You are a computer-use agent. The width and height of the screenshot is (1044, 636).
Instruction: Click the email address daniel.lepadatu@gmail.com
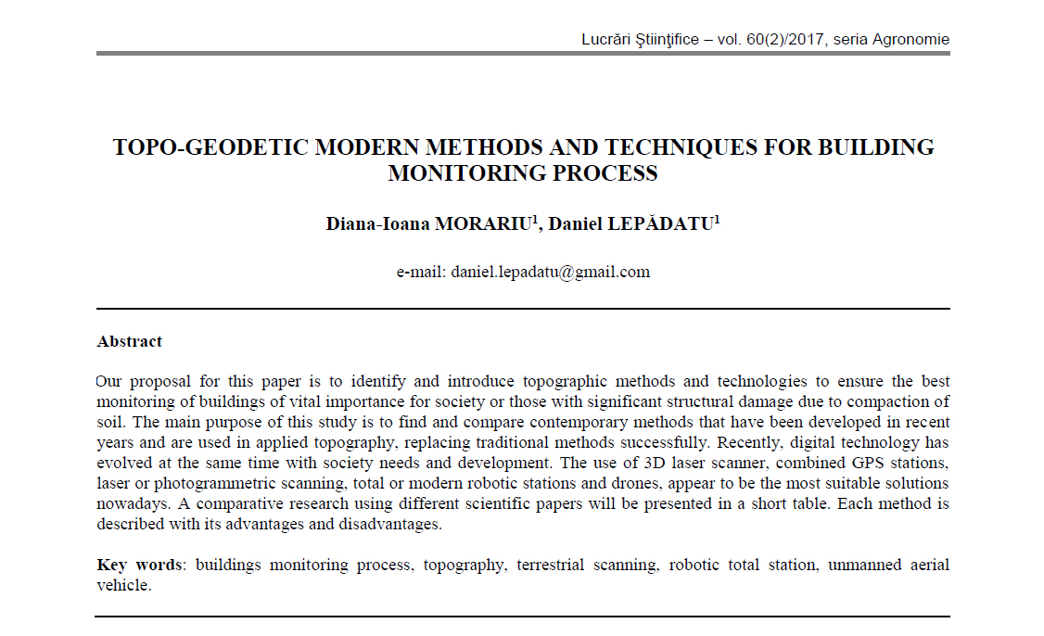pos(551,272)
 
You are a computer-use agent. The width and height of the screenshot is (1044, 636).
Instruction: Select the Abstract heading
pos(130,341)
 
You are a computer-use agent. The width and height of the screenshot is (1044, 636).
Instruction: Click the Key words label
pos(138,565)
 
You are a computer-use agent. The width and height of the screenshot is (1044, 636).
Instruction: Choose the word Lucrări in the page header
pos(608,39)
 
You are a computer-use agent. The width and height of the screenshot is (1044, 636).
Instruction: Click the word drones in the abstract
pos(743,483)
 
